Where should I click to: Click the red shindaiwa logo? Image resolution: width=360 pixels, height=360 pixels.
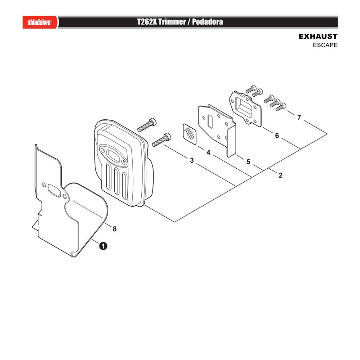(x=40, y=22)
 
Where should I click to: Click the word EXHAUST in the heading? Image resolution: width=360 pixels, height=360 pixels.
(x=318, y=36)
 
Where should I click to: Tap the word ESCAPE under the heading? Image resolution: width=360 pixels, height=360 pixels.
(x=325, y=45)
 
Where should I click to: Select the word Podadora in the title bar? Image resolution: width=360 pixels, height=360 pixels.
(x=207, y=22)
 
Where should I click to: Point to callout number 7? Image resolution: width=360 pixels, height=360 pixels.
(x=299, y=117)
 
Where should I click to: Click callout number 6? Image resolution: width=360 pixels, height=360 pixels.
(x=277, y=136)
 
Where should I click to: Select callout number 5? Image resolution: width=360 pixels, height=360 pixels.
(x=248, y=162)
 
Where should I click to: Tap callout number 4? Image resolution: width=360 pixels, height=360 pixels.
(x=208, y=152)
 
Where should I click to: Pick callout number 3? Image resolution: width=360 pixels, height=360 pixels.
(x=192, y=160)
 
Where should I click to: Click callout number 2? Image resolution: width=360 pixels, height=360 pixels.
(x=280, y=175)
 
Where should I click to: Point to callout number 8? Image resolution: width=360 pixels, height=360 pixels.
(x=115, y=229)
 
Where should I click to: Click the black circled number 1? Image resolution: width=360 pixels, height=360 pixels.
(x=103, y=246)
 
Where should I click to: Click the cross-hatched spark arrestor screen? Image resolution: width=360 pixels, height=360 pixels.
(x=189, y=134)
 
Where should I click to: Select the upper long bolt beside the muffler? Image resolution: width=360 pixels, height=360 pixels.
(x=147, y=125)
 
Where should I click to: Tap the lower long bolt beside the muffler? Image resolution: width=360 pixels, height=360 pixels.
(x=162, y=139)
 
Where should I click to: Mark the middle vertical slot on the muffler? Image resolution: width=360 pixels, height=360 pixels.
(x=117, y=181)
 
